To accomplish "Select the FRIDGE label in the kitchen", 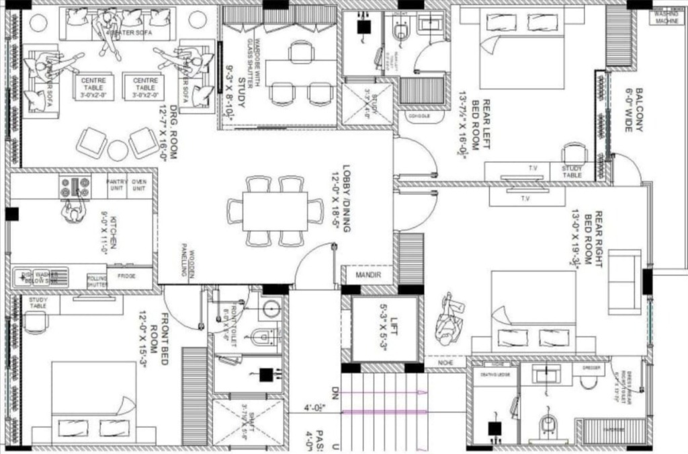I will (127, 276).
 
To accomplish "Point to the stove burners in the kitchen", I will (75, 186).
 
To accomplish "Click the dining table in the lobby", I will (275, 211).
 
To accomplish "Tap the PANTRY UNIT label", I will (117, 184).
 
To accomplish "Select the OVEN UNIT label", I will (139, 184).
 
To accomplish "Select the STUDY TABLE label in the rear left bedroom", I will (572, 172).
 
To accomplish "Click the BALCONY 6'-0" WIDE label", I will (634, 110).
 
